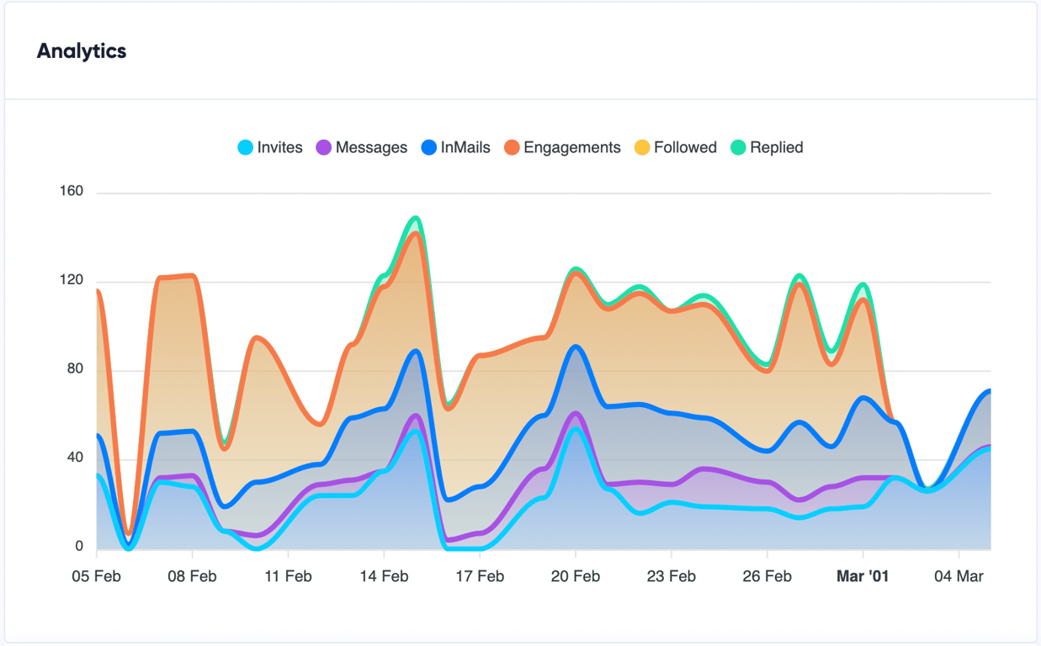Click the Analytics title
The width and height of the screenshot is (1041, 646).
[x=82, y=51]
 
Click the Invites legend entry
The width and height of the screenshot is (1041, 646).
[x=270, y=148]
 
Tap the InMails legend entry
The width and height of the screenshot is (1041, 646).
[x=455, y=148]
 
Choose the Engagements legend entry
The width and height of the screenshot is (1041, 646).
[x=562, y=148]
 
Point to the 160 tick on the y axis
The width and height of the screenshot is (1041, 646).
[x=72, y=192]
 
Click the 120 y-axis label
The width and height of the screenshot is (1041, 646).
[x=72, y=281]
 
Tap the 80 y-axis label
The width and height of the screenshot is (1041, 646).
[x=76, y=369]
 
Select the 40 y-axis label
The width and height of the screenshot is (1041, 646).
[x=76, y=458]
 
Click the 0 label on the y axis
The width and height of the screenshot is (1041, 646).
[x=79, y=547]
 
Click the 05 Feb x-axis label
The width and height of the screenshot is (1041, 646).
[x=97, y=577]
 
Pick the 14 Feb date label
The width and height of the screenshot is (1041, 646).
[x=384, y=577]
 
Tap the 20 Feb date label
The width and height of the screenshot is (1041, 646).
[x=576, y=577]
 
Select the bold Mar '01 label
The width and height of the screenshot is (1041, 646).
[x=863, y=577]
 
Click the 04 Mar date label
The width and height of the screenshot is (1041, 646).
[x=959, y=577]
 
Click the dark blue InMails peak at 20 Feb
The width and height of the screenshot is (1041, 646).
[x=576, y=347]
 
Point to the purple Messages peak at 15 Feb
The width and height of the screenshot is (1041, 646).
[x=417, y=415]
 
